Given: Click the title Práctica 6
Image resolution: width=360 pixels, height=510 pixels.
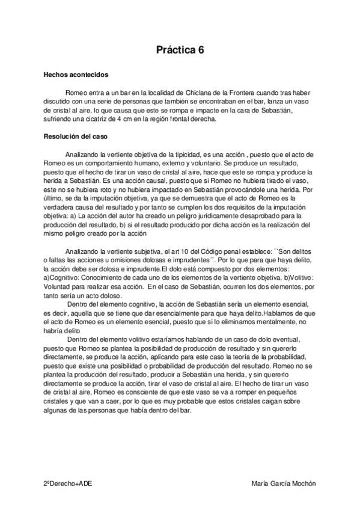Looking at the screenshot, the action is tap(180, 51).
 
